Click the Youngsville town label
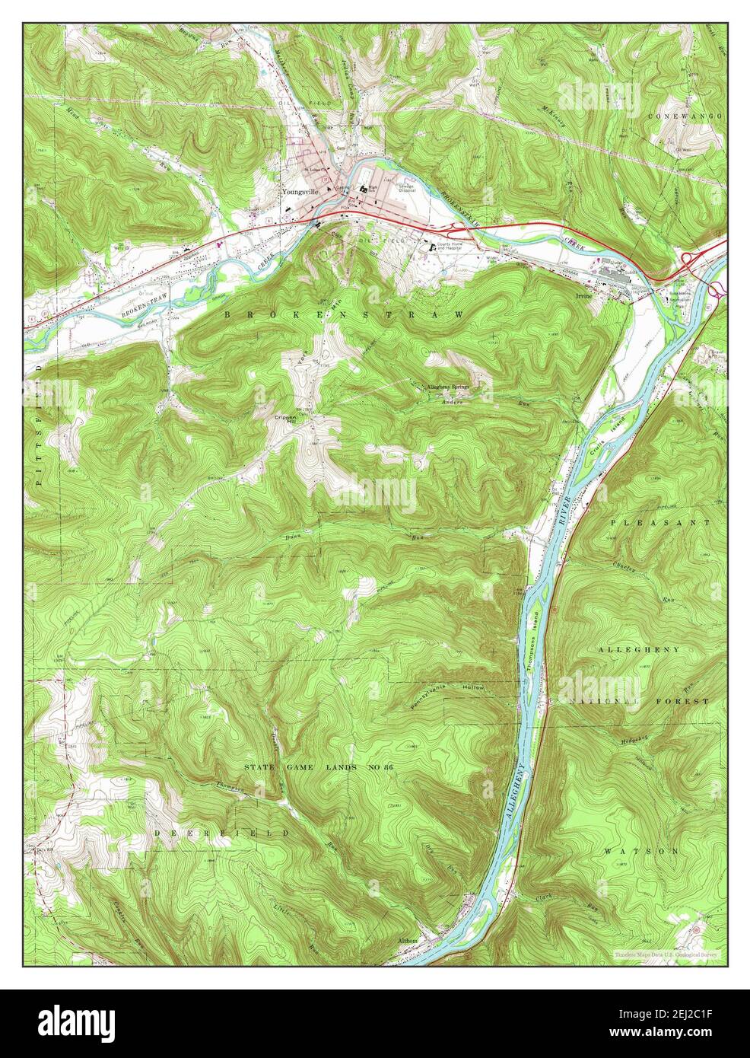[x=299, y=193]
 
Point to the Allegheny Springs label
[x=450, y=387]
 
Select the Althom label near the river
[x=408, y=941]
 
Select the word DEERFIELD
[x=221, y=834]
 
